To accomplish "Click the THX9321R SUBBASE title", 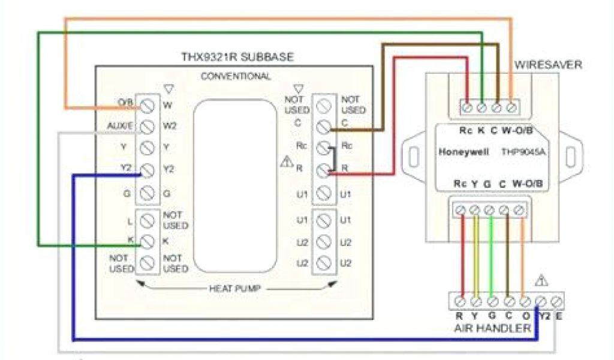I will point(237,58).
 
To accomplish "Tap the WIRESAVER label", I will point(548,65).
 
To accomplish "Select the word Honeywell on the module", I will point(463,152).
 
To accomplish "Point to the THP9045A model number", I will point(523,152).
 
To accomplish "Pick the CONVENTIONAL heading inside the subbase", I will point(236,76).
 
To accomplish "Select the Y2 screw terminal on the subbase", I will point(146,170).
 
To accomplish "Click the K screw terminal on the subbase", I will point(146,241).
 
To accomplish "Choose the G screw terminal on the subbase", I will point(146,193).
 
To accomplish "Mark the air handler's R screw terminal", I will point(460,300).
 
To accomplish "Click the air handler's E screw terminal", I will point(558,300).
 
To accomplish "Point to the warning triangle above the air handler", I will point(541,280).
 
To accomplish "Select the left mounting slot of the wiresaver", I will point(413,155).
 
